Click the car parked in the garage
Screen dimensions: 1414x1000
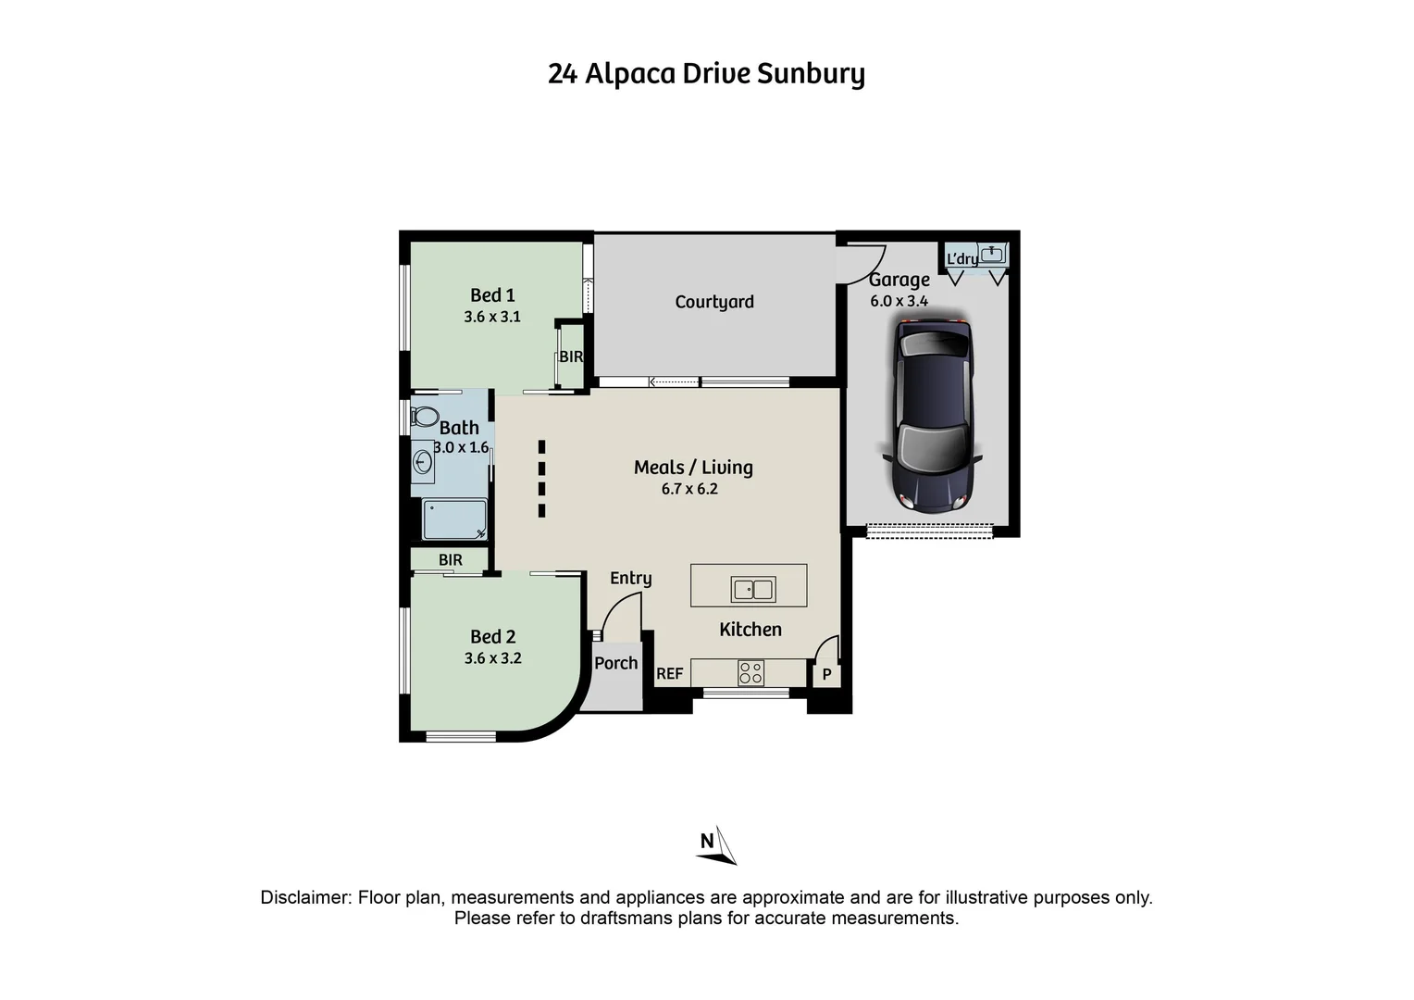(x=933, y=416)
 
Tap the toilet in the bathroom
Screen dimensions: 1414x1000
(x=424, y=417)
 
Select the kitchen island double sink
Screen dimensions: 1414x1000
(x=753, y=590)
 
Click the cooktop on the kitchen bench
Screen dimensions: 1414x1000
(x=750, y=673)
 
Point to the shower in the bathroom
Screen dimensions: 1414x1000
(x=454, y=519)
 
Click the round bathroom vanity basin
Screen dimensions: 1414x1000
(x=422, y=462)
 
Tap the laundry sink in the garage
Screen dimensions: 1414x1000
(x=992, y=254)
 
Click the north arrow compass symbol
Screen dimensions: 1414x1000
(x=716, y=845)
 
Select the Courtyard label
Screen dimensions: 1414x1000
(x=714, y=302)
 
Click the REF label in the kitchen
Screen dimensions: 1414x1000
(x=670, y=673)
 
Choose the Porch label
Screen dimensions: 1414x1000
(x=616, y=663)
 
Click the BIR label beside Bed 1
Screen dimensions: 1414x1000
(x=571, y=356)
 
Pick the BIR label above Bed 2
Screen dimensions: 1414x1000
(x=451, y=559)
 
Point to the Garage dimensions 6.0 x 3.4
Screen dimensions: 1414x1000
(x=899, y=301)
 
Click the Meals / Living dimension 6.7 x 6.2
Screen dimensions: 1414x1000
(x=690, y=489)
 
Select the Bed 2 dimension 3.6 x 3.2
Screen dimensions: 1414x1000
(x=493, y=658)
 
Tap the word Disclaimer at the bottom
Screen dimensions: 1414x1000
(x=306, y=897)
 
